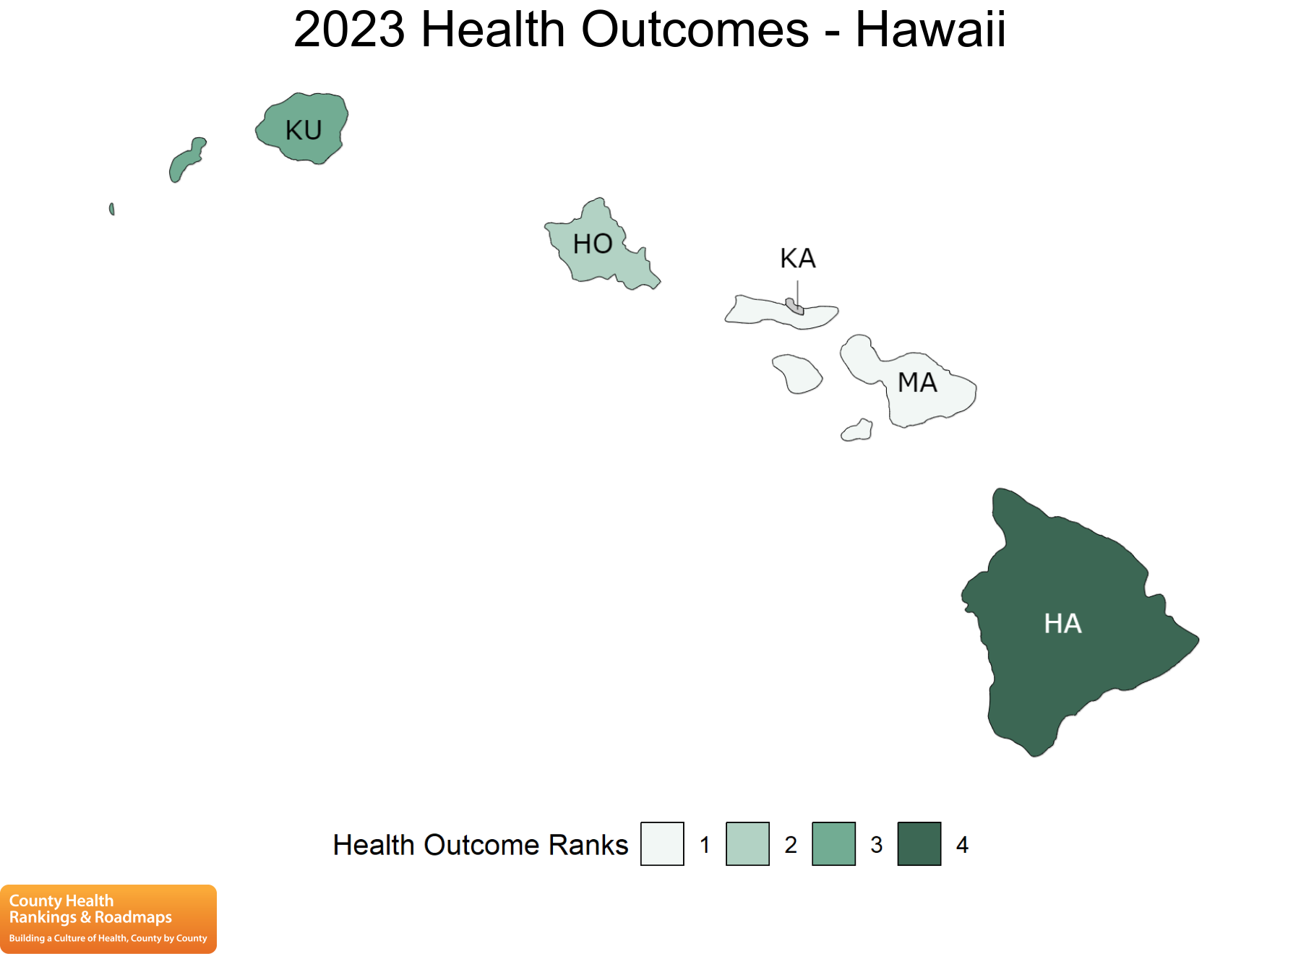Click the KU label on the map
click(x=304, y=131)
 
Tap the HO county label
click(x=593, y=244)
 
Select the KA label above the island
click(x=798, y=258)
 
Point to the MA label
click(x=917, y=382)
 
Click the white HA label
click(x=1062, y=624)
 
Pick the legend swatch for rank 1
click(x=662, y=843)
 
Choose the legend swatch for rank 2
click(x=747, y=843)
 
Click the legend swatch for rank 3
click(x=833, y=843)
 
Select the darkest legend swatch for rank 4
click(x=919, y=843)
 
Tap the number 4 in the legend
click(x=962, y=845)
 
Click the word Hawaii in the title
click(x=930, y=30)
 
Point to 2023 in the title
click(x=349, y=30)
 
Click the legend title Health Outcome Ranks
click(x=481, y=845)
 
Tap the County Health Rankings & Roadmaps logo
click(x=108, y=919)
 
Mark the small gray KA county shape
click(x=794, y=306)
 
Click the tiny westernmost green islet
click(x=111, y=209)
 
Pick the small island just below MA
click(x=857, y=431)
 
